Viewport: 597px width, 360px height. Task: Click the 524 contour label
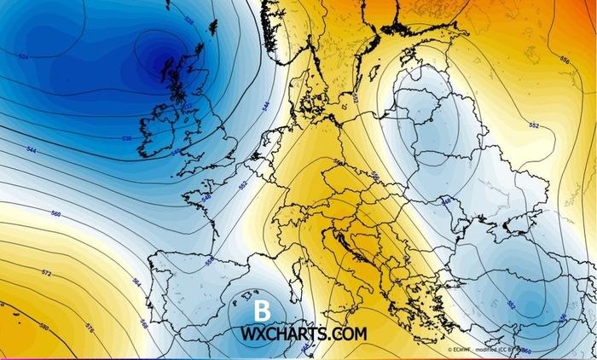tap(23, 56)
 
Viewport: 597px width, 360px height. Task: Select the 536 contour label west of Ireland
tap(127, 137)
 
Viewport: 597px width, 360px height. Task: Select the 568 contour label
tap(144, 325)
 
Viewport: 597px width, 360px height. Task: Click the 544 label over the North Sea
tap(266, 108)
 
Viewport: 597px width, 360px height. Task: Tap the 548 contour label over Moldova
tap(445, 202)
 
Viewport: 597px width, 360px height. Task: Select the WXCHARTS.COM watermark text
tap(304, 333)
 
